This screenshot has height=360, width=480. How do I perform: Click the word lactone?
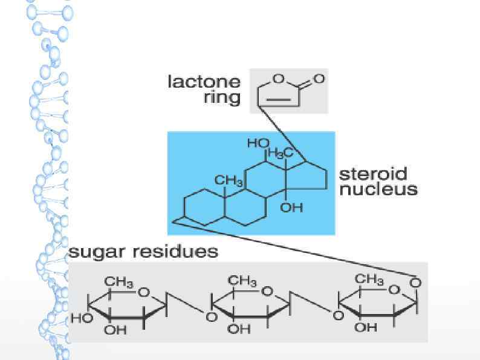[204, 82]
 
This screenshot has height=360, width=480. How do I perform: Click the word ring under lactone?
[222, 97]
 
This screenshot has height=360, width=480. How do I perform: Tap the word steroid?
[373, 174]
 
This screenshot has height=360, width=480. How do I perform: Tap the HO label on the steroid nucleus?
[258, 143]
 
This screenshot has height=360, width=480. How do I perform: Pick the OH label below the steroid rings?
[292, 208]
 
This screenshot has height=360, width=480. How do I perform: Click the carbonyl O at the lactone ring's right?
[319, 79]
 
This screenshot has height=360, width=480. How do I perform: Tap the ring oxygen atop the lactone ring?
[279, 78]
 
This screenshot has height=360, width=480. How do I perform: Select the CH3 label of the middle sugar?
[242, 280]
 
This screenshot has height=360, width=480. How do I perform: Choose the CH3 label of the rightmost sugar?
[369, 280]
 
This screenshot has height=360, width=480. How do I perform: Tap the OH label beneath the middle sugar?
[240, 330]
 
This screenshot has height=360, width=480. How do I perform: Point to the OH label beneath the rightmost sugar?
[366, 327]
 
